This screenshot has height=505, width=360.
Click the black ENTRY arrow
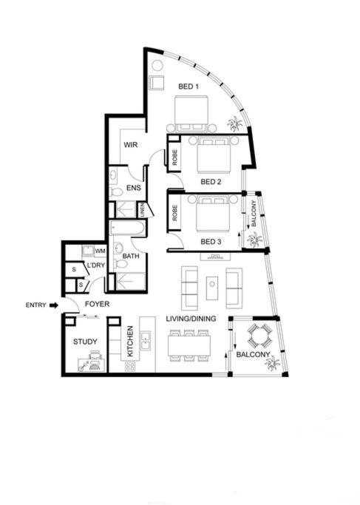pyautogui.click(x=54, y=305)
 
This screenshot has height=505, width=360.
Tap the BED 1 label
pyautogui.click(x=189, y=87)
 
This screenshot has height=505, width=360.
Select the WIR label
pyautogui.click(x=130, y=145)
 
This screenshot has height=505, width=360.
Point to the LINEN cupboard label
pyautogui.click(x=142, y=210)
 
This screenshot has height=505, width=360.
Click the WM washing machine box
pyautogui.click(x=100, y=251)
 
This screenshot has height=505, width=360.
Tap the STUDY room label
pyautogui.click(x=85, y=342)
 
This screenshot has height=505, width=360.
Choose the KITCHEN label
pyautogui.click(x=130, y=341)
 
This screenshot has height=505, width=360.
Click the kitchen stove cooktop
pyautogui.click(x=130, y=366)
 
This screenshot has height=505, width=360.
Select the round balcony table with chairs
pyautogui.click(x=259, y=336)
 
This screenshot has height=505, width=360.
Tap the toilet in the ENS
pyautogui.click(x=116, y=192)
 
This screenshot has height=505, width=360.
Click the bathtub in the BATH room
pyautogui.click(x=127, y=228)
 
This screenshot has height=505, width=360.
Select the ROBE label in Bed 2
pyautogui.click(x=175, y=157)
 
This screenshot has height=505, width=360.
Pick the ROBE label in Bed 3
pyautogui.click(x=175, y=213)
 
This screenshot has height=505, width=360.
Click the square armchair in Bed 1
pyautogui.click(x=157, y=83)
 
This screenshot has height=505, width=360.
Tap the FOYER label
pyautogui.click(x=98, y=304)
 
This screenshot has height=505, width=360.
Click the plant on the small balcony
pyautogui.click(x=254, y=240)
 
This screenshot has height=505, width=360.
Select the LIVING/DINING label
pyautogui.click(x=191, y=319)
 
